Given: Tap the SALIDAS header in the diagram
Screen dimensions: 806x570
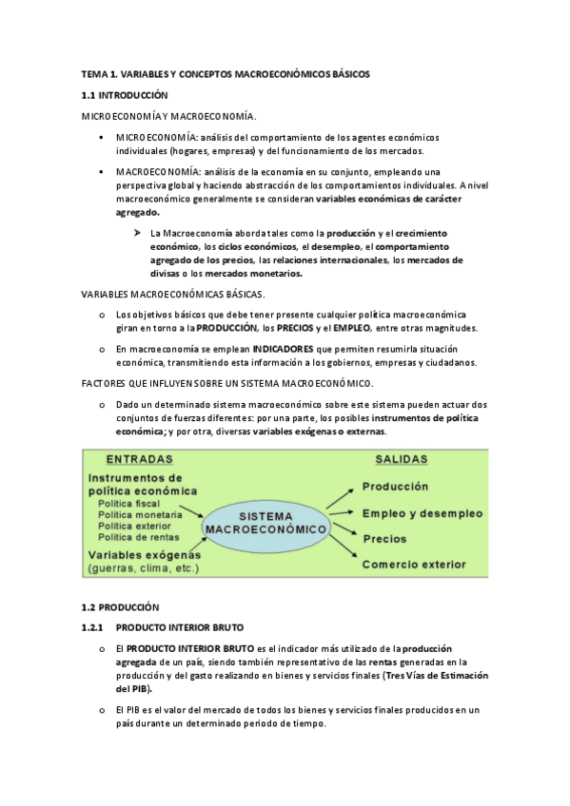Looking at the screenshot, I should (x=401, y=458).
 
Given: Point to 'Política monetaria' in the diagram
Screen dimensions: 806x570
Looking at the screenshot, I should (x=144, y=514).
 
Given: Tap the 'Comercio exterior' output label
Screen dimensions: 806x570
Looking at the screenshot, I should (x=414, y=565).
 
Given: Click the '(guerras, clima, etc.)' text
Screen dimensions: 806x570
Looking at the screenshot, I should (x=143, y=568).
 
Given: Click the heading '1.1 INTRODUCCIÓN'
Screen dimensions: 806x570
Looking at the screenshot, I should (x=124, y=95).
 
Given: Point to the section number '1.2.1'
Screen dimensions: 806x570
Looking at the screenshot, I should (x=95, y=627).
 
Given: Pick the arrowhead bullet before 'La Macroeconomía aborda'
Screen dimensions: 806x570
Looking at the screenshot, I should (x=137, y=233).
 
